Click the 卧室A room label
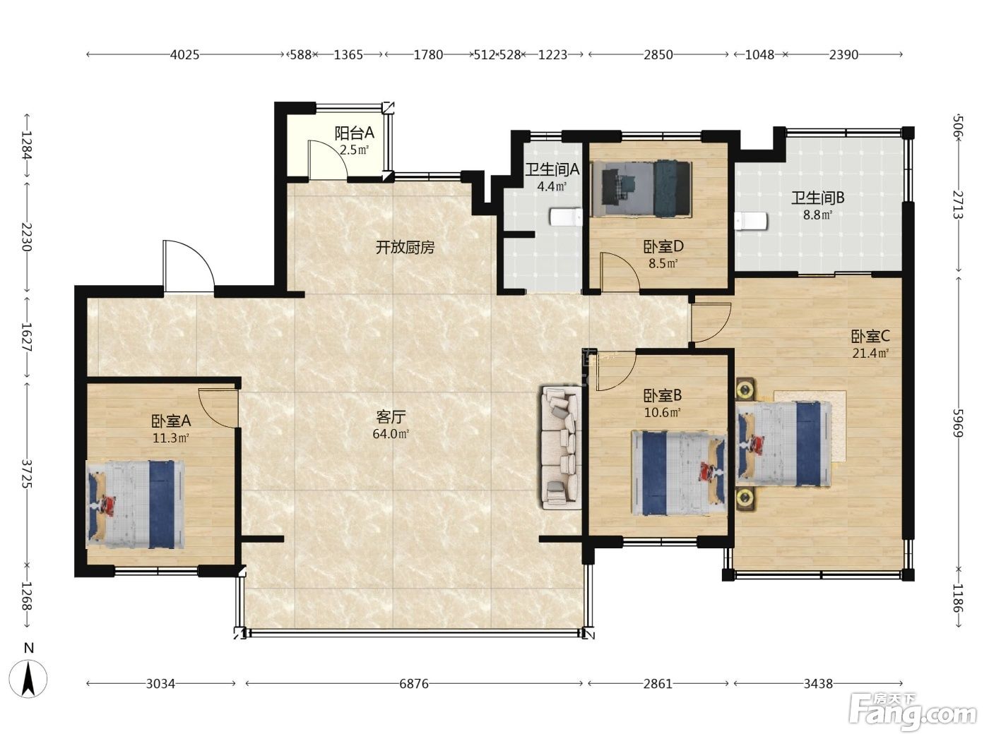pos(171,421)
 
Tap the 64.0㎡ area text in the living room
pos(391,434)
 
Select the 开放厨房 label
pos(405,248)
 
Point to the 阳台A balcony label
pos(354,133)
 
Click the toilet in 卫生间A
pos(566,217)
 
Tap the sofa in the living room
pos(561,447)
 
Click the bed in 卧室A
pos(135,505)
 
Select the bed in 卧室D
pos(640,188)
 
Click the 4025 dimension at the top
pos(185,55)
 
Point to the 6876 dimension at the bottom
pos(414,684)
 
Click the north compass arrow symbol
pos(28,679)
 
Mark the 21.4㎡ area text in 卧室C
pos(870,353)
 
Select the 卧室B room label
pos(663,395)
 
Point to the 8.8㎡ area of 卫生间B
pos(818,215)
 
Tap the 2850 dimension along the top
pos(658,55)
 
